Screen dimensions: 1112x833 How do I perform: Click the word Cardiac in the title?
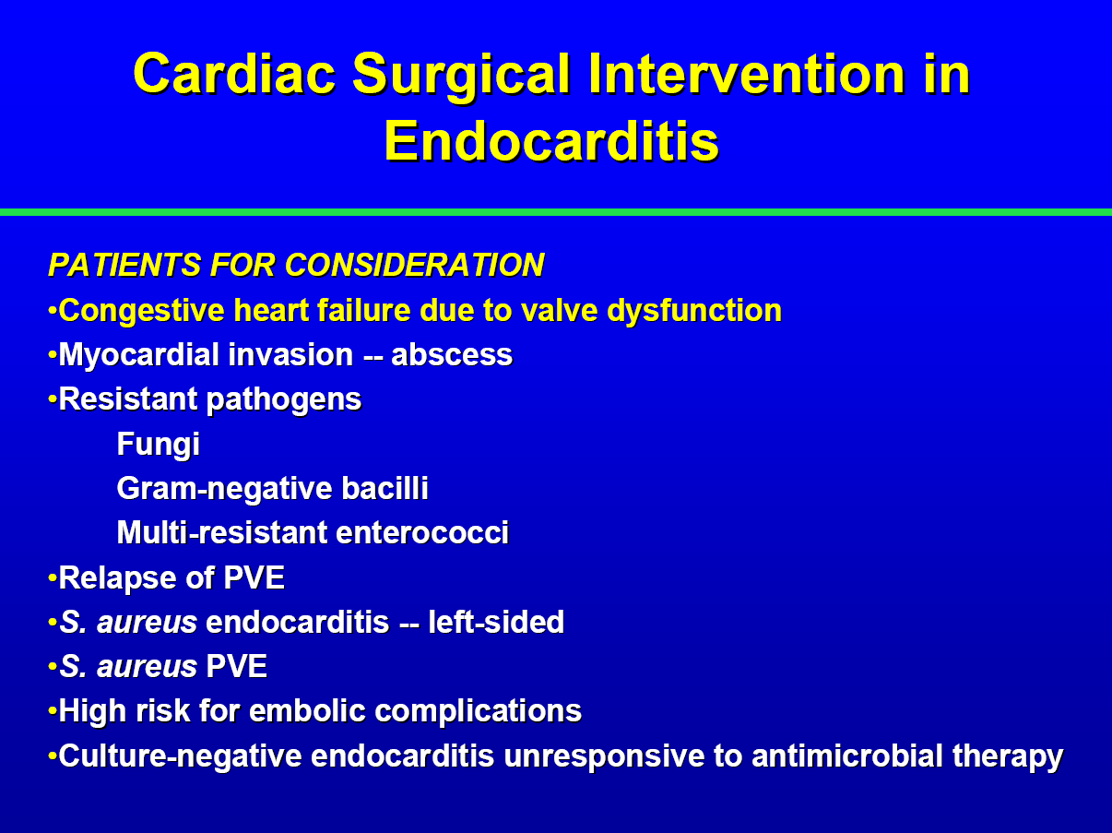point(234,74)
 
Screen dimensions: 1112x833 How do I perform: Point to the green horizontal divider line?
point(556,212)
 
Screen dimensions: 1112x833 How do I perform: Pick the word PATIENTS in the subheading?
point(125,265)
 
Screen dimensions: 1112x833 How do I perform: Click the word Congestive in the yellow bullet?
point(141,311)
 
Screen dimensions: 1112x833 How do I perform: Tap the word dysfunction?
point(694,310)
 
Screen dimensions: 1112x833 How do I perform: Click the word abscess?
point(452,354)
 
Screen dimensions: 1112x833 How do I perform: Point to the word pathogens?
point(284,399)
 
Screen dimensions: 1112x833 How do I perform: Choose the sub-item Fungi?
point(159,445)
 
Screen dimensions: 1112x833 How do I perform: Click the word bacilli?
point(385,488)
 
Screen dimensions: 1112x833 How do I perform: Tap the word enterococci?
point(422,532)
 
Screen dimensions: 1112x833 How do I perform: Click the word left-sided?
point(496,622)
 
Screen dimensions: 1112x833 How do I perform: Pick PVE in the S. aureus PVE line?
point(237,666)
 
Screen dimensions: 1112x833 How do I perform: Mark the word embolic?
point(307,710)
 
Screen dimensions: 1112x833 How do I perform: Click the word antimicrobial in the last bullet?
point(847,756)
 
